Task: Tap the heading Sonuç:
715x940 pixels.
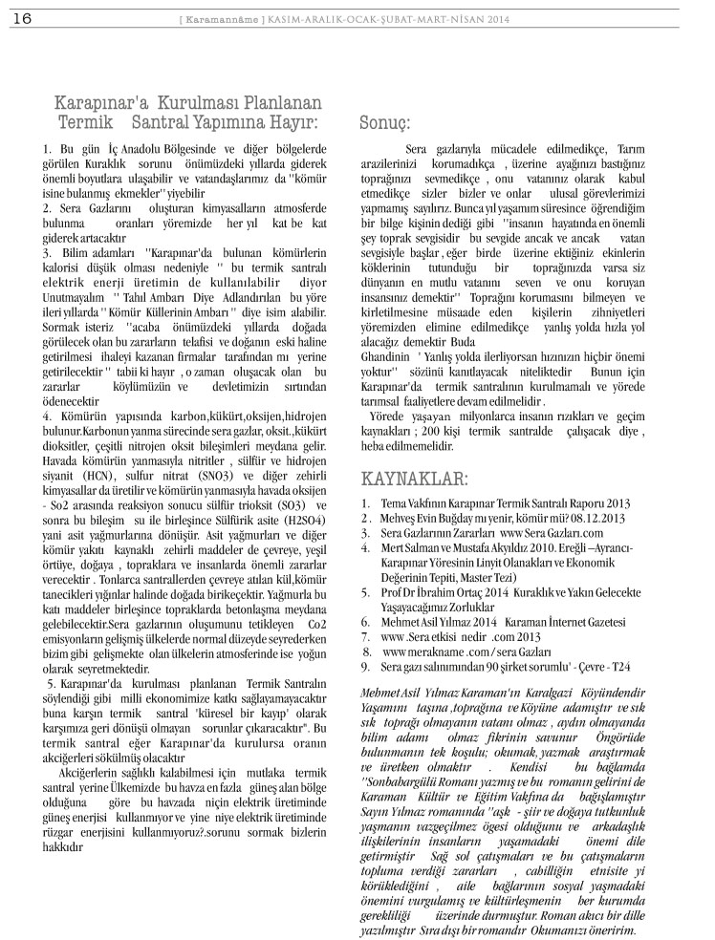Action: [x=385, y=123]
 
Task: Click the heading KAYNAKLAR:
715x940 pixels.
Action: [x=414, y=478]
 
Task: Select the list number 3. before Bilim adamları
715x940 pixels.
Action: [x=48, y=251]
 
